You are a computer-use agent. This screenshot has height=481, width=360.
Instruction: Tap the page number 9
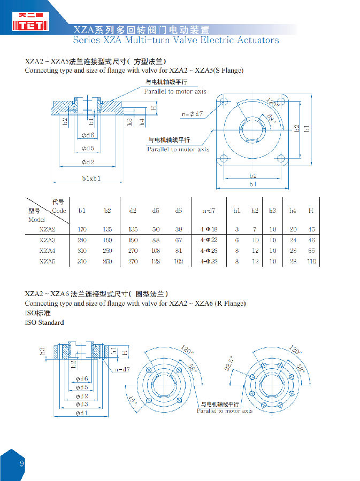(x=22, y=463)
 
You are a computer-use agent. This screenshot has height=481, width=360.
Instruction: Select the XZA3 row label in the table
(x=47, y=240)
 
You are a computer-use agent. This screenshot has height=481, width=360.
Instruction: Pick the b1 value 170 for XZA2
(x=82, y=229)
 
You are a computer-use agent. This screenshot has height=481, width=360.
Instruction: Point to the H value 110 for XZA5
(x=311, y=261)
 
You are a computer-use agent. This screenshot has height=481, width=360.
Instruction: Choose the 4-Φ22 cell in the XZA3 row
(x=209, y=240)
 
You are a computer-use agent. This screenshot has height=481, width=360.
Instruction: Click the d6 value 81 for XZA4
(x=178, y=251)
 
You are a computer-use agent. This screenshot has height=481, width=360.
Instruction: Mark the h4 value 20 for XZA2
(x=293, y=229)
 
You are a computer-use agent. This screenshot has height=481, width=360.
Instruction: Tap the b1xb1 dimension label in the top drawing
(x=91, y=179)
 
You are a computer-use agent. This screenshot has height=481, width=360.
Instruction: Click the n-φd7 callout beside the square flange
(x=192, y=114)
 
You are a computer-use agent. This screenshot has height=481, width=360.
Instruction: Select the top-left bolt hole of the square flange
(x=224, y=102)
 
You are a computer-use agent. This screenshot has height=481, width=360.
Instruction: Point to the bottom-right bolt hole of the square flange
(x=281, y=158)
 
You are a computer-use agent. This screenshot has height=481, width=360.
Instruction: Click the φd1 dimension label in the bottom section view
(x=81, y=413)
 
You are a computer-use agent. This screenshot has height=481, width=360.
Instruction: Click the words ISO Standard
(x=44, y=322)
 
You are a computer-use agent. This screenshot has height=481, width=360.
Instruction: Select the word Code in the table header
(x=59, y=211)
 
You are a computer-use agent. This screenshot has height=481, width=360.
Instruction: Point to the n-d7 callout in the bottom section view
(x=122, y=369)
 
